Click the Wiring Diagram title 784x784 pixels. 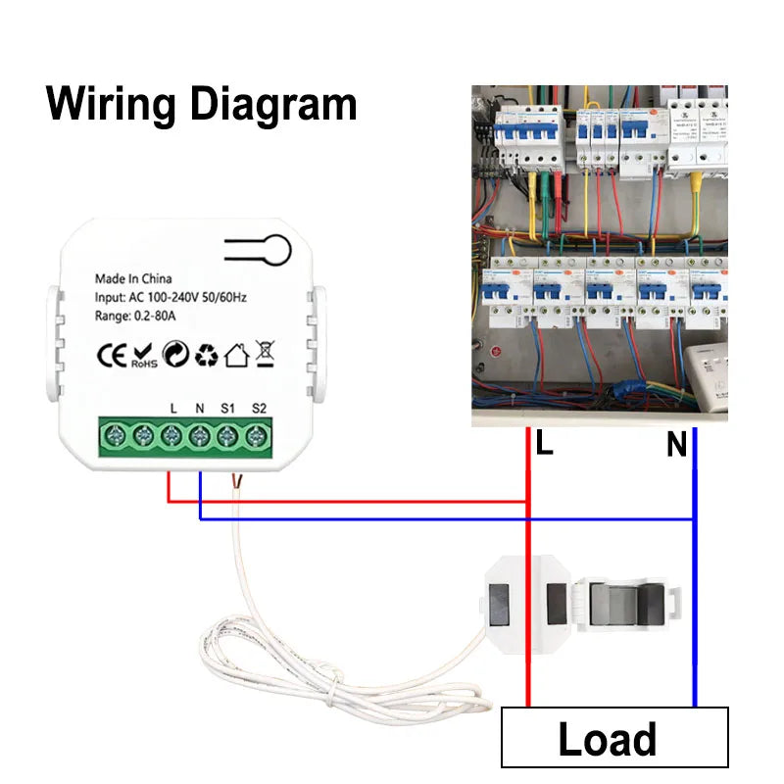(201, 103)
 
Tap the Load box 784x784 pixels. (614, 737)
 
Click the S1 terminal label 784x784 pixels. (228, 407)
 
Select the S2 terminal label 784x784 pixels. (259, 407)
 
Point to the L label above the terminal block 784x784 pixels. (173, 407)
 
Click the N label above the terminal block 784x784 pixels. (200, 407)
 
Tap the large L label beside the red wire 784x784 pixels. (545, 444)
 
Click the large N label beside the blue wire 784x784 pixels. (676, 446)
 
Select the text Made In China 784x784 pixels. (133, 279)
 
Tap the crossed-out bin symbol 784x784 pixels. (264, 353)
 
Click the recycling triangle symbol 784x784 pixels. (206, 355)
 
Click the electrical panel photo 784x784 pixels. (599, 255)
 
